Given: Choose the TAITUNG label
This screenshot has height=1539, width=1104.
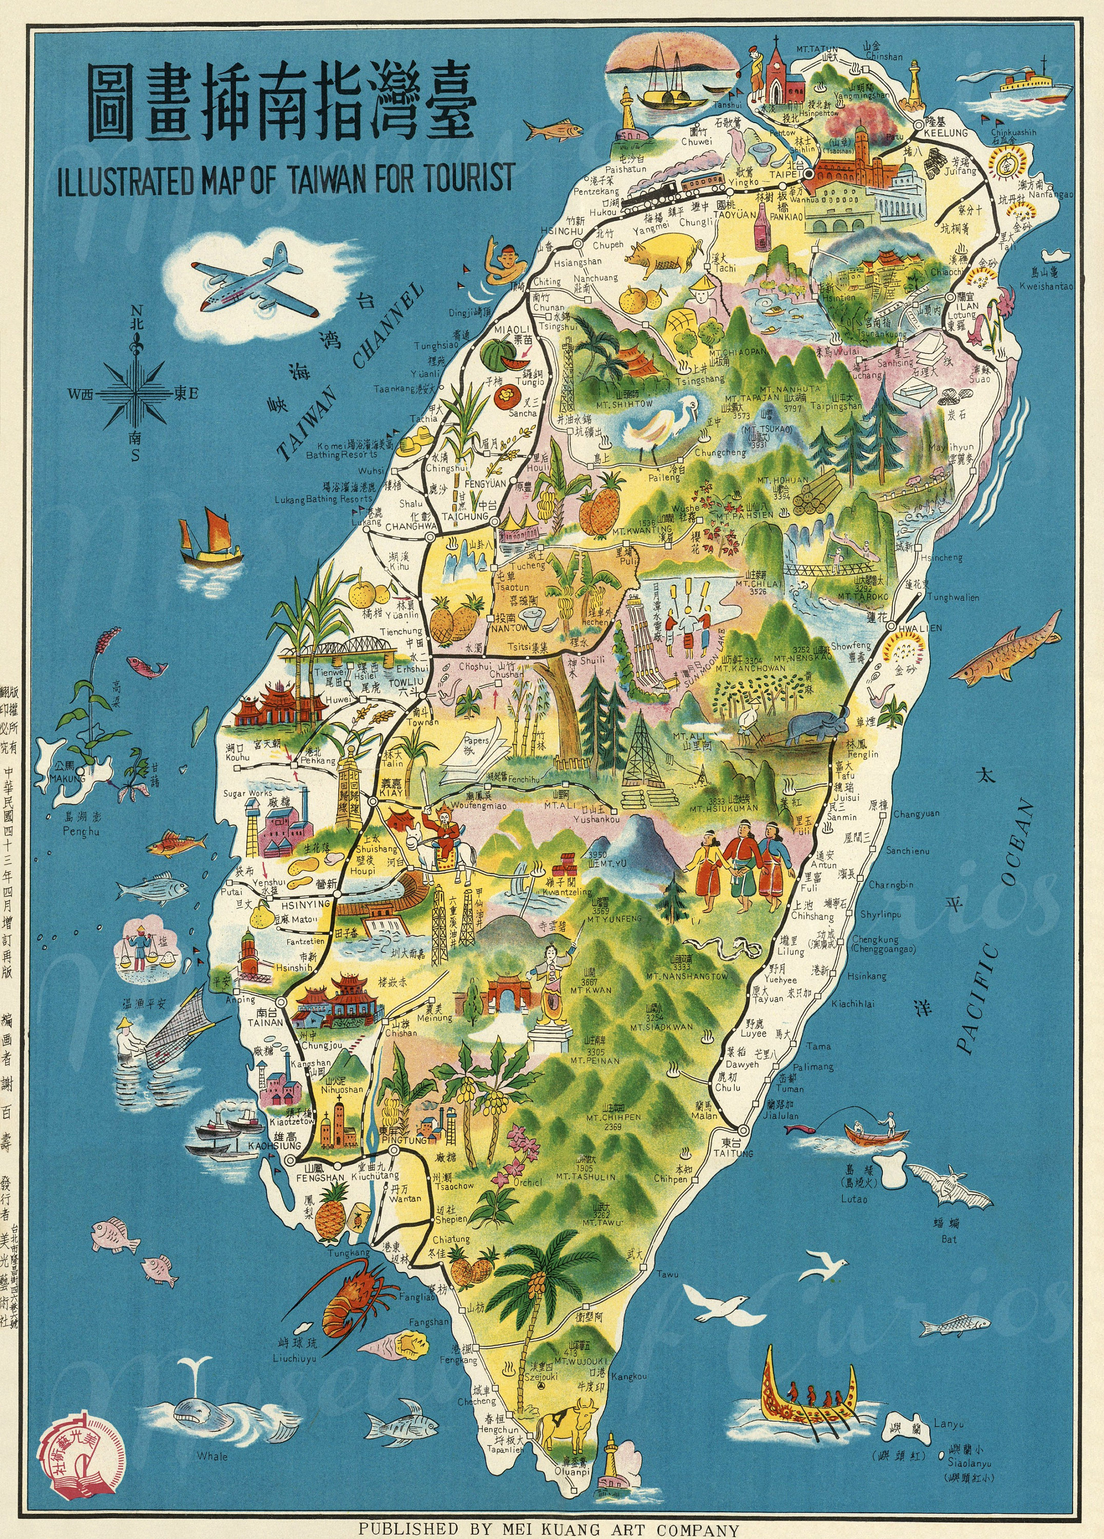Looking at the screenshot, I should click(x=733, y=1153).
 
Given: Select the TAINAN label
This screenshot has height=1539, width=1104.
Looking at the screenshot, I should click(x=265, y=1022).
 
